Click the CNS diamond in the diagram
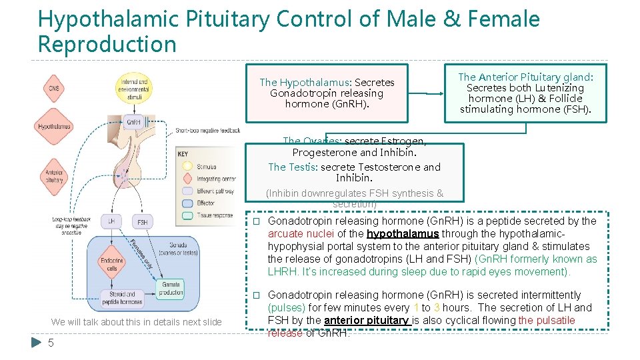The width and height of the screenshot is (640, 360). click(55, 89)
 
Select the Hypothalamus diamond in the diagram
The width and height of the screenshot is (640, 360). click(55, 126)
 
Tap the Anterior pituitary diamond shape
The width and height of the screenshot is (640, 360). click(54, 175)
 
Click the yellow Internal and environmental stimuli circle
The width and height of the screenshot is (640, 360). click(133, 87)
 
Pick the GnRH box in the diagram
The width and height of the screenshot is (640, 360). click(133, 122)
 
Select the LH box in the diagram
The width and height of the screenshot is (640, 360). click(111, 221)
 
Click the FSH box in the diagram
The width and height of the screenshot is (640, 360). click(142, 221)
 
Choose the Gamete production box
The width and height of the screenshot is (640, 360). click(171, 288)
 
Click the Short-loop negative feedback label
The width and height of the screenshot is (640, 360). click(207, 131)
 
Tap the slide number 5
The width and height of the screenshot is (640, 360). click(51, 344)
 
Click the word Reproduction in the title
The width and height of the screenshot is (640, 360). click(107, 44)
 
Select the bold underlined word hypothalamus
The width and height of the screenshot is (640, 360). click(403, 233)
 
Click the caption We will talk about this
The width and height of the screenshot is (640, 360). click(136, 322)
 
